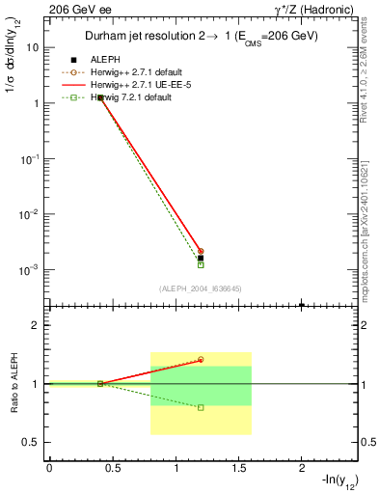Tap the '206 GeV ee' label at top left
tap(74, 9)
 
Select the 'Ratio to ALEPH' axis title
tap(14, 384)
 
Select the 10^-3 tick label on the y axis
tap(30, 269)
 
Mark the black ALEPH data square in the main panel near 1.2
tap(201, 258)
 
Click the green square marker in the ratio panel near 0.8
tap(201, 407)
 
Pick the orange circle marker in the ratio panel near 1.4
tap(201, 360)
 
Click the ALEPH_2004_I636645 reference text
tap(201, 288)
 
